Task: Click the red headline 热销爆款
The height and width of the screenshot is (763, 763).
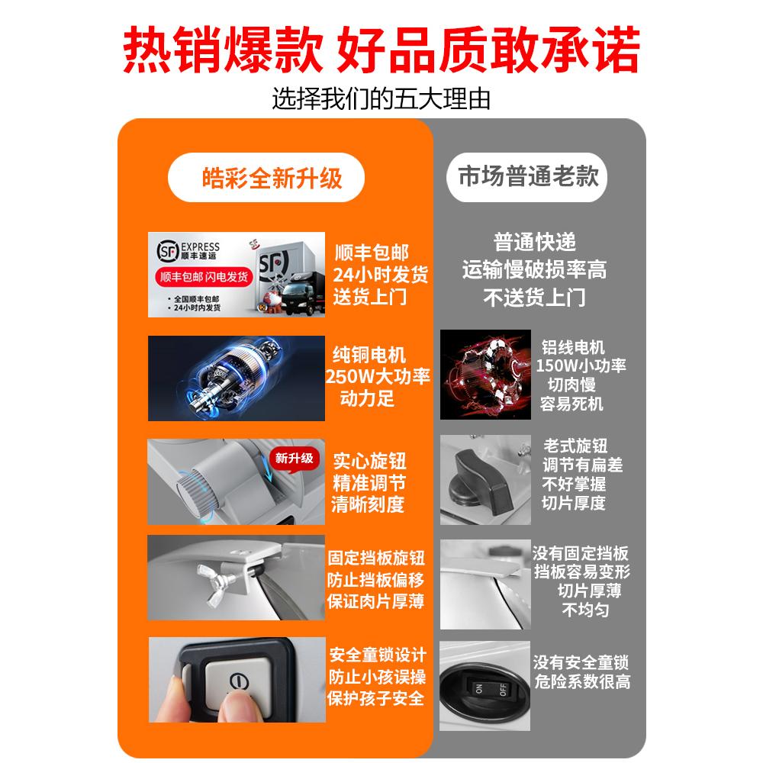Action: coord(221,51)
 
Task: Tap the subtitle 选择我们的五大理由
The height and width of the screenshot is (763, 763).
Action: coord(381,99)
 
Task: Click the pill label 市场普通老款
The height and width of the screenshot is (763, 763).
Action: coord(529,177)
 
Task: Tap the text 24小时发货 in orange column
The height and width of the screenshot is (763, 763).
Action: coord(380,274)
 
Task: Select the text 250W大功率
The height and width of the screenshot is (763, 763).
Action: coord(378,377)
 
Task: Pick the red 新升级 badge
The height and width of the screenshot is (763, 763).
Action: coord(294,459)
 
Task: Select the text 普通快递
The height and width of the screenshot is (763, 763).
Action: coord(534,243)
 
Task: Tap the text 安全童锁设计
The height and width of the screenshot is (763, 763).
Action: coord(377,655)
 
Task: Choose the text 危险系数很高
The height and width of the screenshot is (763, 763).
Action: coord(581,681)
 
